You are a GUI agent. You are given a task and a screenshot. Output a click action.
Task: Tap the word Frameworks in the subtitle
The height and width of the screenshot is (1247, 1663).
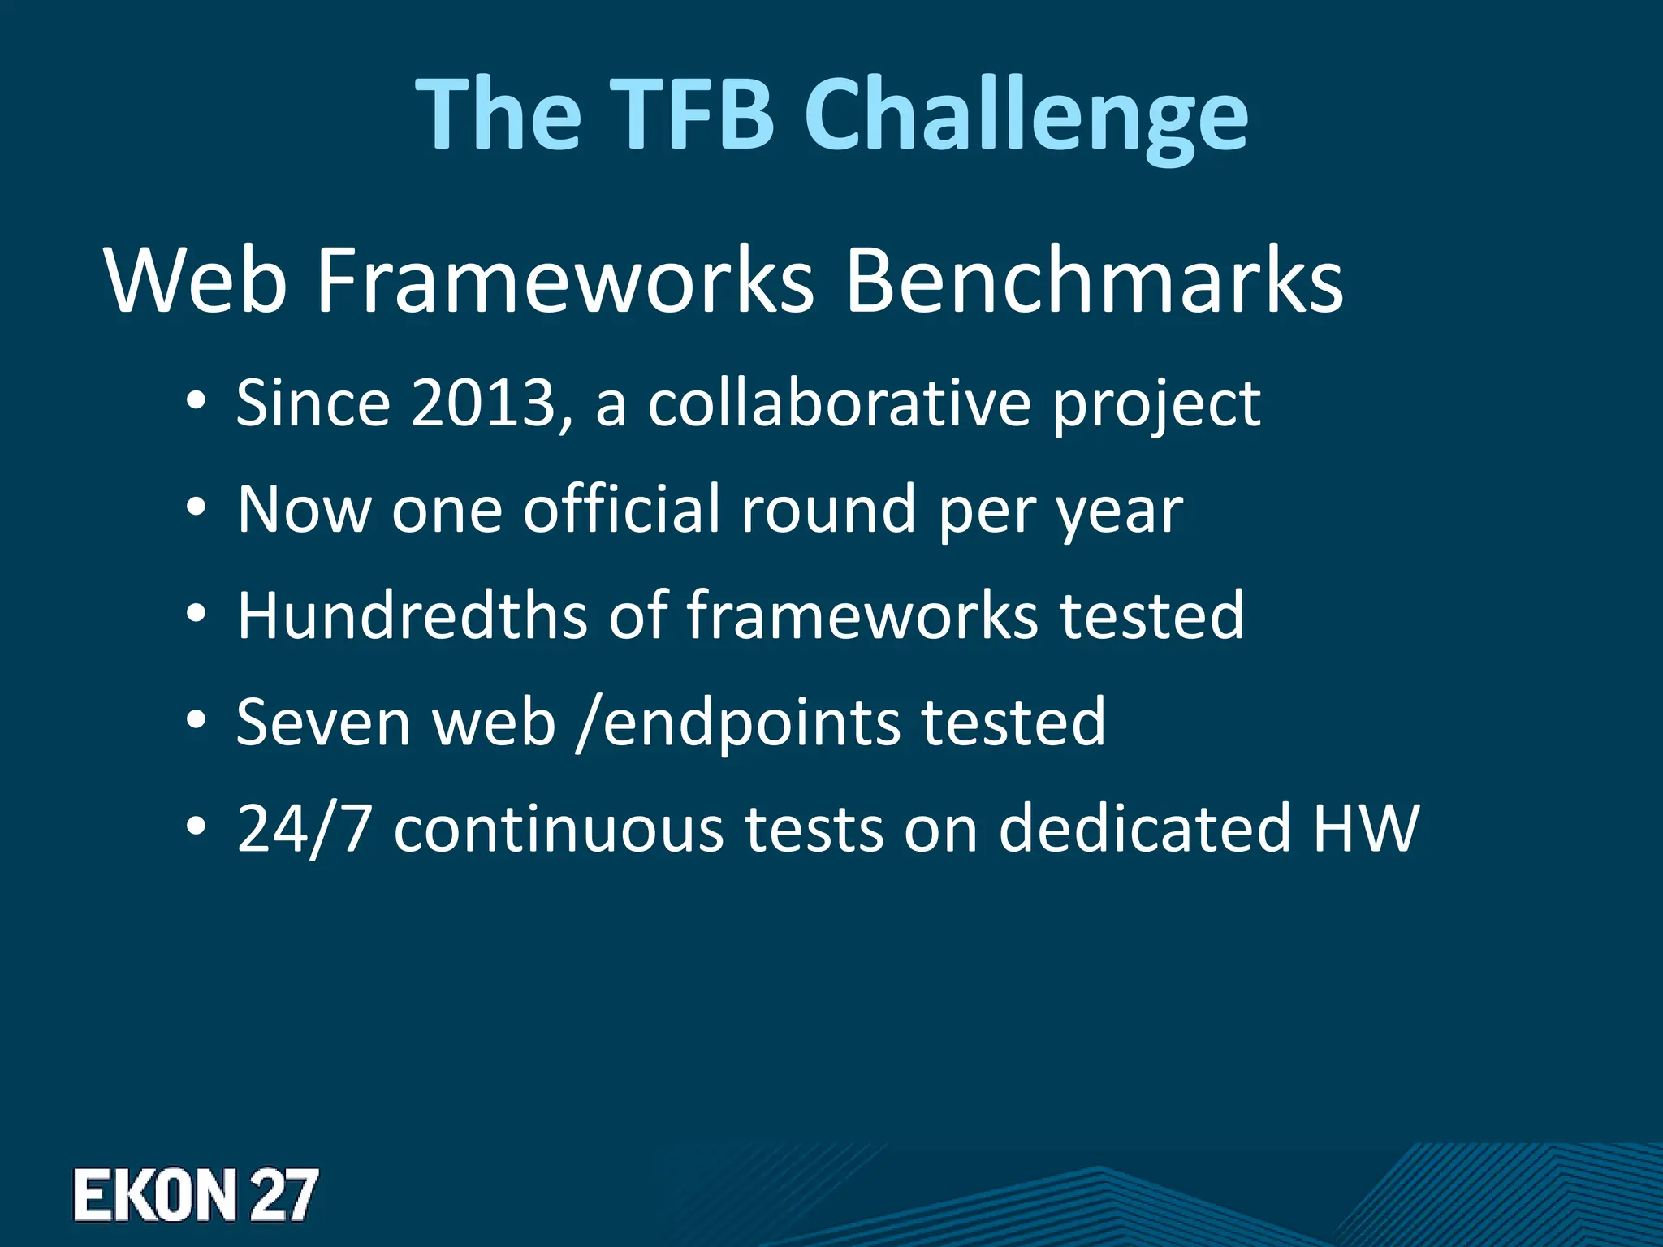(x=564, y=281)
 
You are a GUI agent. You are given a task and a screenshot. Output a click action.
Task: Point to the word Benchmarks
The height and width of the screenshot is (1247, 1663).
(x=1094, y=281)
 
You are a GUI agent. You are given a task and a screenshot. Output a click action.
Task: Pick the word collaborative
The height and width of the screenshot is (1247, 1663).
(x=839, y=403)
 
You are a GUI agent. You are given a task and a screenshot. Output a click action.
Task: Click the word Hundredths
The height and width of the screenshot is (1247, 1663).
(x=412, y=615)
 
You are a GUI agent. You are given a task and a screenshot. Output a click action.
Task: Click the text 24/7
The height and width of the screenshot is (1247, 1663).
(x=304, y=828)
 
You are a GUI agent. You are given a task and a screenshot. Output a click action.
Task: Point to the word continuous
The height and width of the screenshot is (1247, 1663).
(x=559, y=828)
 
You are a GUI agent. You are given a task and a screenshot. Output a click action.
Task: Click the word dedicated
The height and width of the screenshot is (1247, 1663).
(x=1144, y=828)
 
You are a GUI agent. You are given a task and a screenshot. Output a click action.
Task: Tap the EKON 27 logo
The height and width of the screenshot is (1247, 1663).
(x=195, y=1195)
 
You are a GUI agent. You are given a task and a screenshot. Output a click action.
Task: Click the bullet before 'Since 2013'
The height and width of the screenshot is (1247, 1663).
(x=197, y=403)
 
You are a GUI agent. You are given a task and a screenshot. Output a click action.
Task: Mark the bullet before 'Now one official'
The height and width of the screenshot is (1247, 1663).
(x=197, y=510)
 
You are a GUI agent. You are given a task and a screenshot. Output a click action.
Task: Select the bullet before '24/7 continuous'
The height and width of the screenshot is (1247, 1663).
(x=197, y=829)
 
